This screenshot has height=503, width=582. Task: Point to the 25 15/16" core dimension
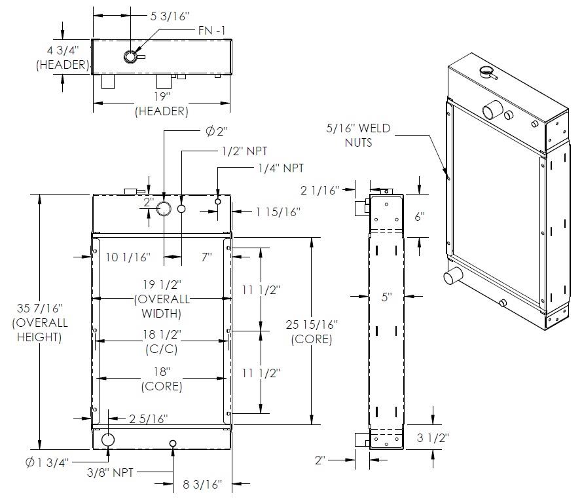pos(311,331)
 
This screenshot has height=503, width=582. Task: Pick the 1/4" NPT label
pos(281,168)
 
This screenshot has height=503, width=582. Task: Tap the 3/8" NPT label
pos(115,472)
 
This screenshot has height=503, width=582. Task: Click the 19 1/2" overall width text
pos(161,298)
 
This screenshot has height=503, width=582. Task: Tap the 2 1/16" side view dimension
pos(320,191)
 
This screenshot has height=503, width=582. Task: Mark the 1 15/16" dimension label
pos(278,212)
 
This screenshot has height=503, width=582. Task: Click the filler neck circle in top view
pos(131,57)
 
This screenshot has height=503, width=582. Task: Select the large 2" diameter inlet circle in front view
pos(164,209)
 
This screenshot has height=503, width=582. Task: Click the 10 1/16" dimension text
pos(128,257)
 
